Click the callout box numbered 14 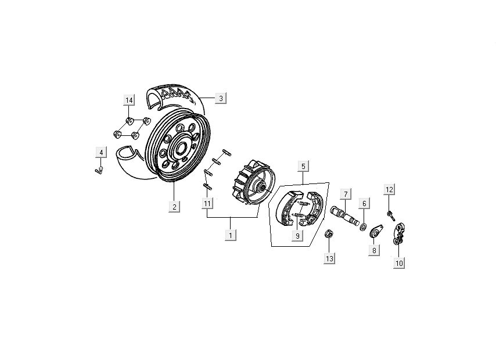(129, 100)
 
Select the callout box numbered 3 (221, 98)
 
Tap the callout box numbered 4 (101, 153)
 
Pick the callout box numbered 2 (174, 206)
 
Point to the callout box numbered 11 (207, 203)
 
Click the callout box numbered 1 (231, 235)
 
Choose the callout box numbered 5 (303, 167)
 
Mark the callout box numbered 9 (297, 236)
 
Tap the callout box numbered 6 (364, 203)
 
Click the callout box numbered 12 (390, 189)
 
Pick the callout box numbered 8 (374, 250)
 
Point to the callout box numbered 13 (329, 258)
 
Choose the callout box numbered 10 (399, 263)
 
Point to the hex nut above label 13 (329, 235)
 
